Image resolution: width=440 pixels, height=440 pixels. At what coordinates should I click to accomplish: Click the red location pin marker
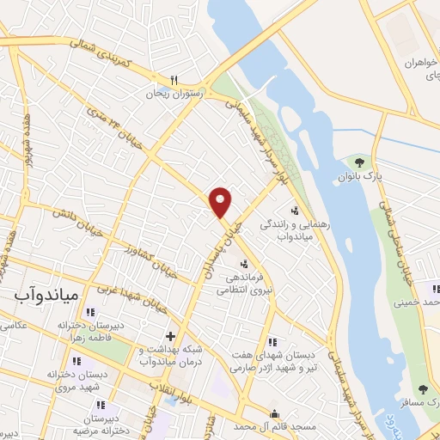[x=221, y=202]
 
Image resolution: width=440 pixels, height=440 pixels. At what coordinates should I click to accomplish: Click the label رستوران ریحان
[x=175, y=92]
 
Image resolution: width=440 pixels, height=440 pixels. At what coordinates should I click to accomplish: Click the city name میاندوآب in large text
[x=47, y=295]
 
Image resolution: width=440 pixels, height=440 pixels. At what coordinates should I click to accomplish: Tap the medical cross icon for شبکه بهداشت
[x=170, y=336]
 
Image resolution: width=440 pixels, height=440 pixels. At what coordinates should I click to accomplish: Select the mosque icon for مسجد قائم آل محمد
[x=275, y=413]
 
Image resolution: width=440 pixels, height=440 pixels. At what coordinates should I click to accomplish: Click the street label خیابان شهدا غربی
[x=138, y=302]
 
